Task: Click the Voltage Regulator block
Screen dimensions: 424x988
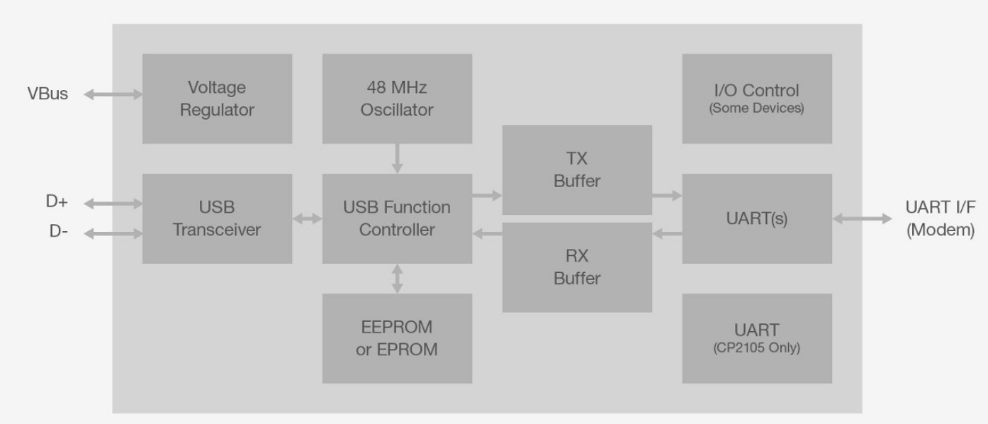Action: [217, 99]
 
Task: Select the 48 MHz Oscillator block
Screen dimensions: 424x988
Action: [397, 99]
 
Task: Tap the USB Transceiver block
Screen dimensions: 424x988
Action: [217, 218]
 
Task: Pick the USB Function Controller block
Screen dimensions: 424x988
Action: [397, 218]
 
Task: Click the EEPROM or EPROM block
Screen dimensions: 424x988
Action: [397, 338]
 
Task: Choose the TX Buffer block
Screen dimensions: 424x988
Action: [577, 169]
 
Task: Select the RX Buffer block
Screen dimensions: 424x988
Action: [577, 267]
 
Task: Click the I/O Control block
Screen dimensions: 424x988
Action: [757, 99]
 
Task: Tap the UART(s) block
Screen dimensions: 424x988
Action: [757, 218]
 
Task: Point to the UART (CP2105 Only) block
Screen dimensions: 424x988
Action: [757, 338]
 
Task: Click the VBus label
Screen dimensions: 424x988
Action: [48, 94]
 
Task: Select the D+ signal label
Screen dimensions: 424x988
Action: [57, 201]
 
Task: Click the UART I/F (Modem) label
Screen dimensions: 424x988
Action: [941, 218]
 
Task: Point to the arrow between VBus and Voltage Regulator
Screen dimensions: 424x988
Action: [113, 93]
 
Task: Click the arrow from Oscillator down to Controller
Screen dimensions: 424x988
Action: [397, 158]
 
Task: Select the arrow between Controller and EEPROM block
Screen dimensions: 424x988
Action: [397, 278]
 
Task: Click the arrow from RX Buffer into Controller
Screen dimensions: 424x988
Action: [487, 233]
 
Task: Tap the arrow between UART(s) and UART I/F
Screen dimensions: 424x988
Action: [862, 219]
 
